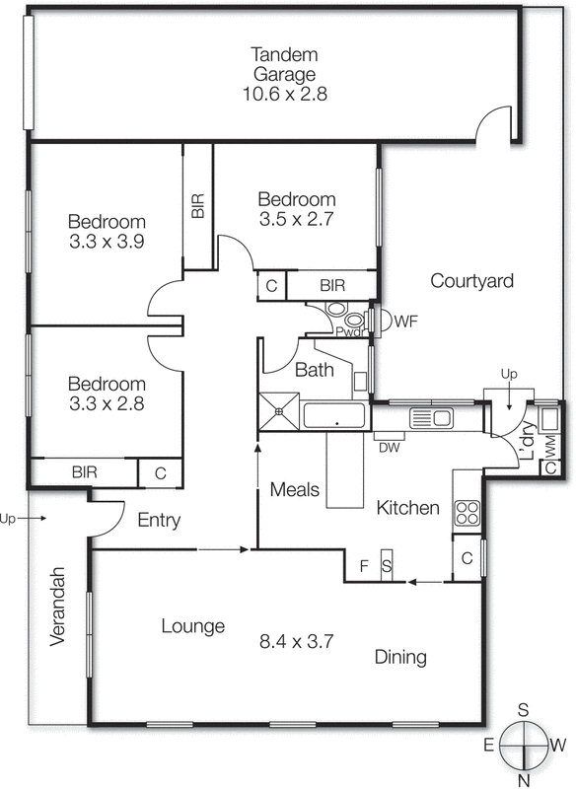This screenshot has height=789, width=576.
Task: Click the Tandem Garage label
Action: tap(283, 63)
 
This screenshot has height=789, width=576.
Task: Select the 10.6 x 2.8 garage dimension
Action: tap(283, 95)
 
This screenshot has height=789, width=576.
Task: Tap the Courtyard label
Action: tap(472, 281)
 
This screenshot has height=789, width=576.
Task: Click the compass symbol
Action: tap(524, 745)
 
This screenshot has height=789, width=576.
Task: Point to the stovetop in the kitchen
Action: tap(466, 513)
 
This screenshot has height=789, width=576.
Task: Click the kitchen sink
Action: tap(431, 418)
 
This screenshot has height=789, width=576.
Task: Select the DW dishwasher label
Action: tap(389, 447)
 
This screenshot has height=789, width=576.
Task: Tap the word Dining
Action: tap(399, 657)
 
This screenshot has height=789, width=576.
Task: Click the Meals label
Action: tap(294, 489)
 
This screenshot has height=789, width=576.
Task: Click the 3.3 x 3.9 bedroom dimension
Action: tap(107, 241)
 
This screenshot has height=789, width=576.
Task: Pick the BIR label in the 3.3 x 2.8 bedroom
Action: tap(84, 472)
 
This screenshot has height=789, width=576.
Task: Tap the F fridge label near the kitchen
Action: tap(364, 566)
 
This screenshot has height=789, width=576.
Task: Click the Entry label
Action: tap(159, 520)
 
